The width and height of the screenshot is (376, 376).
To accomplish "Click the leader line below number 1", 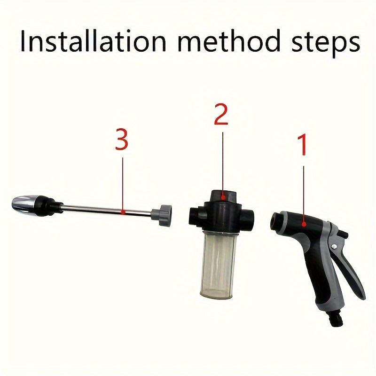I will (x=304, y=193).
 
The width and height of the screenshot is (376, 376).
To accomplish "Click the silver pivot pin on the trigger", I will (x=334, y=248).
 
